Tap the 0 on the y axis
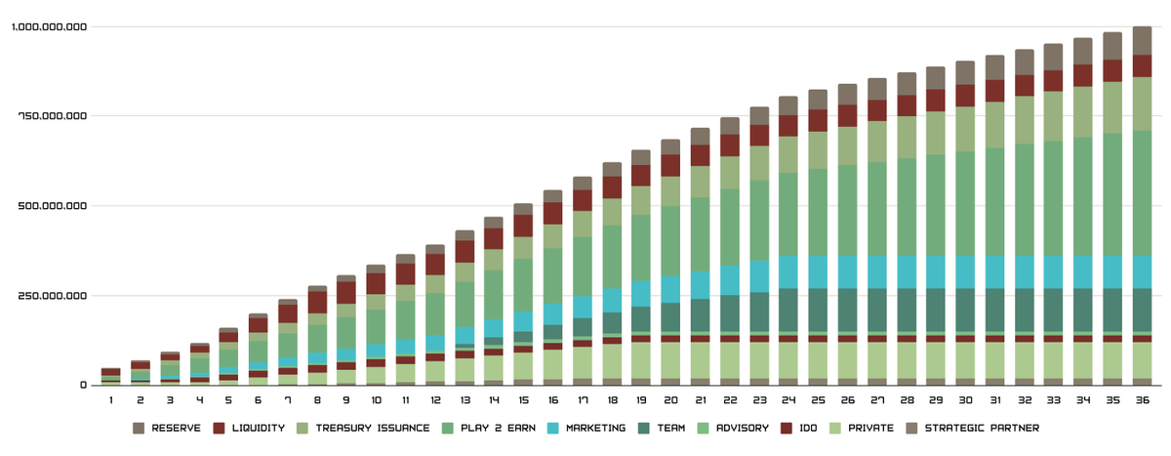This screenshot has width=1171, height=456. pyautogui.click(x=83, y=385)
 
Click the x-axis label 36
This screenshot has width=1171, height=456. pyautogui.click(x=1141, y=400)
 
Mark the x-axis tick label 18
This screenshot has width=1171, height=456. pyautogui.click(x=612, y=400)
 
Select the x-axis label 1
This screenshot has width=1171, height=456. pyautogui.click(x=111, y=400)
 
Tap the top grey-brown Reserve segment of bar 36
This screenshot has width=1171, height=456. pyautogui.click(x=1141, y=40)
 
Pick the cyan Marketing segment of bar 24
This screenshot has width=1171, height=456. pyautogui.click(x=788, y=271)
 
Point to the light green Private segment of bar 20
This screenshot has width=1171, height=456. pyautogui.click(x=670, y=359)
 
